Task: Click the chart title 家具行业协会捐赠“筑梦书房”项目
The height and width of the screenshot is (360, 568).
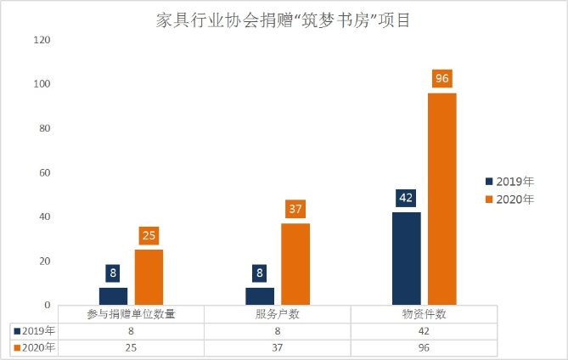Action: [x=284, y=20]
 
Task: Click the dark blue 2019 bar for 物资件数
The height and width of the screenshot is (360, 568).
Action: [x=406, y=258]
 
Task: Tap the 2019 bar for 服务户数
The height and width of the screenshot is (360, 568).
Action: [x=259, y=295]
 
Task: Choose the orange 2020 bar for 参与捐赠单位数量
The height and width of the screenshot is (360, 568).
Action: [x=149, y=277]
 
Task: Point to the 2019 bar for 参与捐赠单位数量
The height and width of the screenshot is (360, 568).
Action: [x=113, y=295]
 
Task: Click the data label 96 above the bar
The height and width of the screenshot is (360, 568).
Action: [x=441, y=79]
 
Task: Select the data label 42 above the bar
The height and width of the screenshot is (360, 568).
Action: [x=406, y=198]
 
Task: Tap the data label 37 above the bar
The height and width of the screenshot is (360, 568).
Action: [x=295, y=209]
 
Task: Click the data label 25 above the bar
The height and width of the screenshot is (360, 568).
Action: [x=149, y=235]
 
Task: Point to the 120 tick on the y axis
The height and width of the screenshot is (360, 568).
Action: [x=42, y=40]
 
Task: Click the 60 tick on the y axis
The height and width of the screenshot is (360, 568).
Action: [x=44, y=172]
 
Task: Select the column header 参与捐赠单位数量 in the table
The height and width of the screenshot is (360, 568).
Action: [x=131, y=313]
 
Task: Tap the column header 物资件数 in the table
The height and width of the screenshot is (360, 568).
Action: [x=424, y=313]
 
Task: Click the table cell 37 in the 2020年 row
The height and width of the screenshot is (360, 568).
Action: [x=277, y=347]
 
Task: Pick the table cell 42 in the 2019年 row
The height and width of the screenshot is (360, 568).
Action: [x=424, y=330]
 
